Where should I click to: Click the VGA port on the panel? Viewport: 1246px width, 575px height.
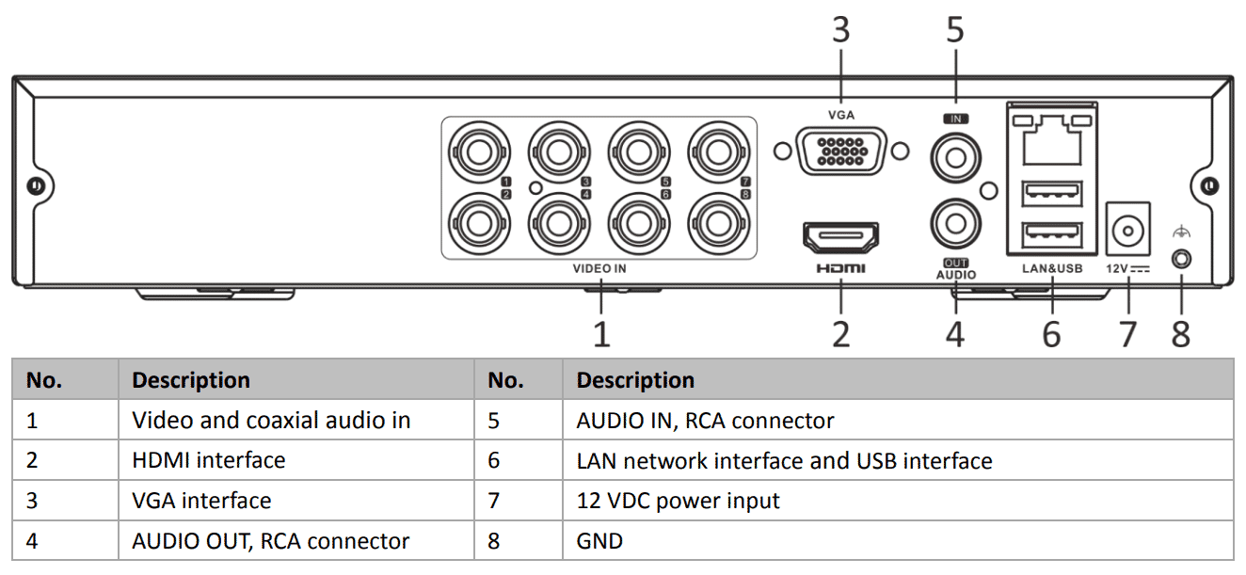point(839,151)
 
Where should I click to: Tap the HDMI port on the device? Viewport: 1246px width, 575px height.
point(840,236)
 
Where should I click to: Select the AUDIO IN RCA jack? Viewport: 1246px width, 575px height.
point(954,156)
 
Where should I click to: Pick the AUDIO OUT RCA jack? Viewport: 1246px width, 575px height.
point(954,224)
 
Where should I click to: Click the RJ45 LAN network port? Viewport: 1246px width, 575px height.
point(1051,141)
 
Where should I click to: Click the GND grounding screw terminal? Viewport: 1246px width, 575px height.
point(1179,256)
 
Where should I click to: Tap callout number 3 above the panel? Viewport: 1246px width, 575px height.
point(840,30)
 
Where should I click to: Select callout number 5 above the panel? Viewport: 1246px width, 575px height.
point(955,30)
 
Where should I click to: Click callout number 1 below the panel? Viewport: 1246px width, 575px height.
point(600,333)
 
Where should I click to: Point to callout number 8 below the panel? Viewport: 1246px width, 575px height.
point(1180,333)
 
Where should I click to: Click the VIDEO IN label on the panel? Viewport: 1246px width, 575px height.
point(599,268)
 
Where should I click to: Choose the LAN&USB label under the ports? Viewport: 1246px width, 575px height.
point(1052,268)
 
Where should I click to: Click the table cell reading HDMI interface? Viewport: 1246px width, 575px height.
point(208,460)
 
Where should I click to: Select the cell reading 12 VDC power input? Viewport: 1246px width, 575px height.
point(678,501)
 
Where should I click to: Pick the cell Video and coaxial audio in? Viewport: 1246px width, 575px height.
point(271,420)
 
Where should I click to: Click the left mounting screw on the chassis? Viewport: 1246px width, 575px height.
point(36,185)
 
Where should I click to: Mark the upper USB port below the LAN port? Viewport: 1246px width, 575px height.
point(1051,194)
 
